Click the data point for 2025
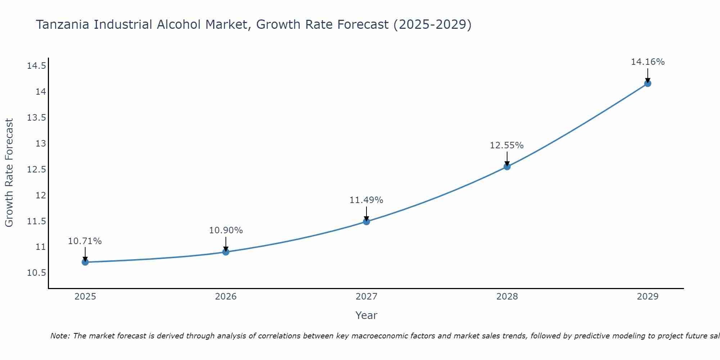85,262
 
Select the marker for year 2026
226,252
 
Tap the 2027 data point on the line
366,221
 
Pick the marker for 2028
507,167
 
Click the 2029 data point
648,84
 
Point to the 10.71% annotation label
85,241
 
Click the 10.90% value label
226,230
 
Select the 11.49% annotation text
366,200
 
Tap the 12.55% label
507,145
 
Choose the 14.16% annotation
648,62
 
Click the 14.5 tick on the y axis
36,66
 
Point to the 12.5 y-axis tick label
36,170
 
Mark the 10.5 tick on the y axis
36,273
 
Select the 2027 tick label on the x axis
366,297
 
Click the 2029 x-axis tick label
648,297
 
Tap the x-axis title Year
366,315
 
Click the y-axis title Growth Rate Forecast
9,173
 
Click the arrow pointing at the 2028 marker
507,158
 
